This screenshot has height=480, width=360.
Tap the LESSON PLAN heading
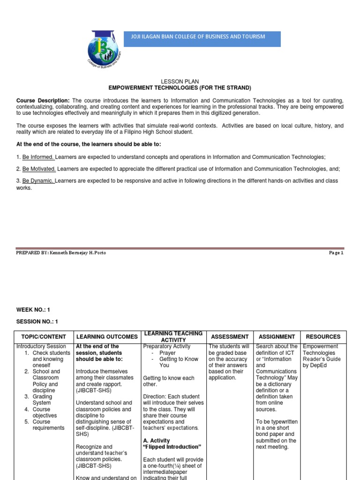(180, 82)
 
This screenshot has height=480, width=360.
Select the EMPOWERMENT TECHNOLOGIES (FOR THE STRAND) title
(180, 88)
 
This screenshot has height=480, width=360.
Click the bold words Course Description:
(43, 101)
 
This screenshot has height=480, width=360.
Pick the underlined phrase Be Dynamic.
(38, 181)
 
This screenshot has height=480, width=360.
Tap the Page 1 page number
(336, 253)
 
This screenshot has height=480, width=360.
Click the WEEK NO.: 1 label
(33, 310)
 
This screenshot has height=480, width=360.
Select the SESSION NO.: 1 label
(37, 322)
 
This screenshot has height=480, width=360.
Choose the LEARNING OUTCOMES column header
(107, 337)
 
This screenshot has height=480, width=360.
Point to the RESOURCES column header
(323, 337)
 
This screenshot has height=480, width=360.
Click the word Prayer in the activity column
(167, 352)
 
